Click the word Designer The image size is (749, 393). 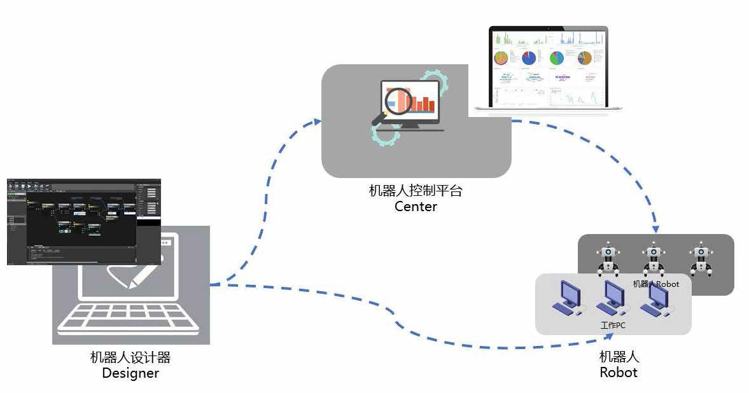tap(130, 373)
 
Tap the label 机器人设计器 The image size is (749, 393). tap(130, 357)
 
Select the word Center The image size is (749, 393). tap(416, 206)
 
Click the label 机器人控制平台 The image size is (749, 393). tap(416, 191)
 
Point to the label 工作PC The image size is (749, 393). tap(613, 326)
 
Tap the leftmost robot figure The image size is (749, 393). tap(608, 259)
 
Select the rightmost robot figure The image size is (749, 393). tap(700, 259)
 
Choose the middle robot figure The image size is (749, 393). tap(654, 258)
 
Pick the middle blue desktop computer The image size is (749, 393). tap(612, 298)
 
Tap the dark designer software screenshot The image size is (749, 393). tap(83, 221)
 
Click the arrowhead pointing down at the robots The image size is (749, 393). tap(655, 228)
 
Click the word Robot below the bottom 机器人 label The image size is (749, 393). tap(618, 373)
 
